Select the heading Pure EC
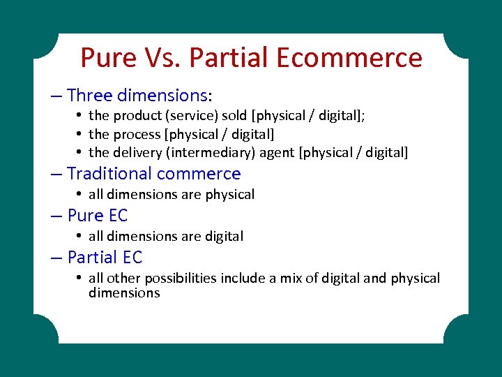pos(98,216)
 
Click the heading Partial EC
pos(105,258)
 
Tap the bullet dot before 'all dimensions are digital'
pos(81,236)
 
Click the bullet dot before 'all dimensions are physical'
pos(81,194)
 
